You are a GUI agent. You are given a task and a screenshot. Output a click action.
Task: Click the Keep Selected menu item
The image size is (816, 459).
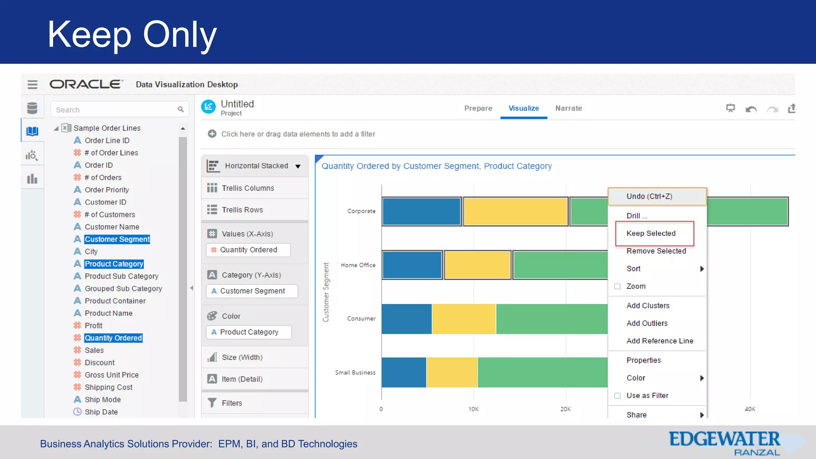[651, 233]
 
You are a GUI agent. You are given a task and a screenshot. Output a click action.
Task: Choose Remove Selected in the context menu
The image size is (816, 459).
[656, 251]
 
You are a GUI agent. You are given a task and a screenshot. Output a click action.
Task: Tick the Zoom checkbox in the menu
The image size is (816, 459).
[618, 286]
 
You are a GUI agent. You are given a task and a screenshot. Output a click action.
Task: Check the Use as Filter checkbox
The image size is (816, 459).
[618, 396]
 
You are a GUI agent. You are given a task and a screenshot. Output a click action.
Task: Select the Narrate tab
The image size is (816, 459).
[568, 108]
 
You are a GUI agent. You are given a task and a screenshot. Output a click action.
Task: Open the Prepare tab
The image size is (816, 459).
[478, 108]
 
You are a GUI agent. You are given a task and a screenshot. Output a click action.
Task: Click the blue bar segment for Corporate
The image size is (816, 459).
[422, 212]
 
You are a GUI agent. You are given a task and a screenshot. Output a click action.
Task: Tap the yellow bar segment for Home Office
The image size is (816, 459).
[477, 265]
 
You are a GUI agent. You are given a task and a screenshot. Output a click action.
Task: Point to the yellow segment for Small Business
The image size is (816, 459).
[451, 372]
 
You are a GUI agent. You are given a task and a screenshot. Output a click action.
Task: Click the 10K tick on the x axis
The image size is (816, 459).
[473, 409]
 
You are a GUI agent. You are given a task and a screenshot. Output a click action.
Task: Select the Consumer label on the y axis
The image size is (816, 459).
[361, 319]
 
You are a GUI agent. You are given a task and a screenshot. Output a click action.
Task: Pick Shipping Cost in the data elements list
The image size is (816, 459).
[108, 387]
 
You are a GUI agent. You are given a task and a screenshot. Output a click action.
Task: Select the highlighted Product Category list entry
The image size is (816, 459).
[114, 264]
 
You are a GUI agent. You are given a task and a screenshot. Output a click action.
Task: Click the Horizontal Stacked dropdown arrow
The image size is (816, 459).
[298, 166]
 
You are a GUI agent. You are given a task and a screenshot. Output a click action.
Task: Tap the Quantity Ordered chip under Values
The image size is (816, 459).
[248, 250]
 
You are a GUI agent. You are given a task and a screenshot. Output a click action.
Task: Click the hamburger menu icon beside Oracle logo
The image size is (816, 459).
[33, 84]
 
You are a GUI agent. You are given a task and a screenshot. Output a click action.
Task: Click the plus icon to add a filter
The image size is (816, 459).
[212, 134]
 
